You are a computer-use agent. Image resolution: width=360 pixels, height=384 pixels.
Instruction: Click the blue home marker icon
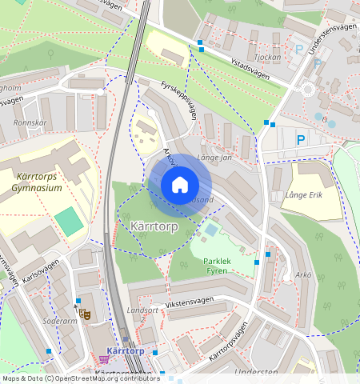(x=180, y=185)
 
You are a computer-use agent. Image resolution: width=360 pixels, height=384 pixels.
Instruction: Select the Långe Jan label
(x=214, y=157)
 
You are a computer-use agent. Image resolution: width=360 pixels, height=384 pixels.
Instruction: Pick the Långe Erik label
(x=302, y=194)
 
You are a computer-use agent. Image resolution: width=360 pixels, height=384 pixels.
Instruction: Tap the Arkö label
(x=302, y=275)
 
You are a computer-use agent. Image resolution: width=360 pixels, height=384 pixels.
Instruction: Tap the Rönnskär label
(x=31, y=123)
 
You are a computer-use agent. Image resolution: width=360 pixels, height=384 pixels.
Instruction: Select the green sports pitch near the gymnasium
(x=70, y=221)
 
